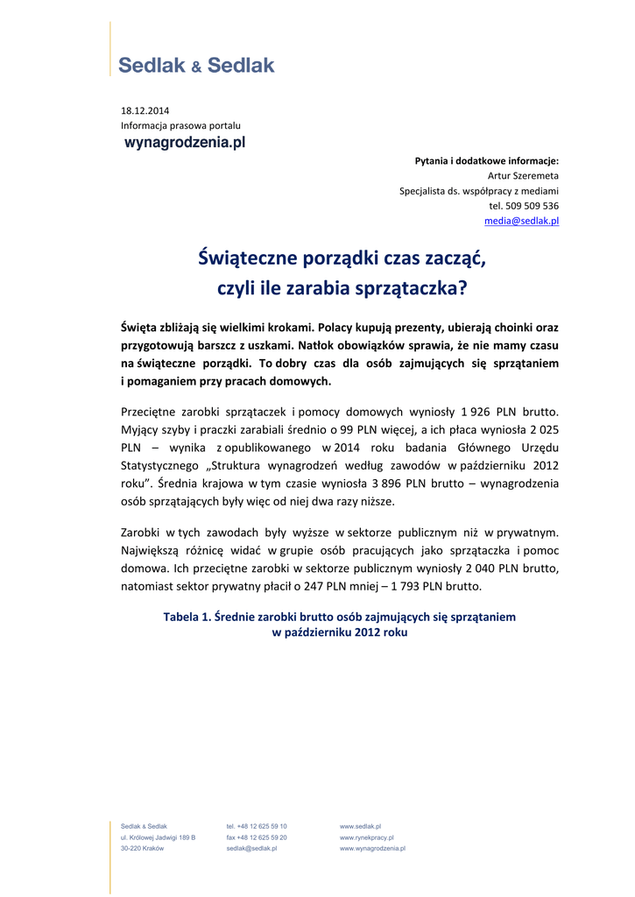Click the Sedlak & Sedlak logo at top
coord(196,65)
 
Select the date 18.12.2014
coord(145,110)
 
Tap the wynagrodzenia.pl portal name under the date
coord(184,142)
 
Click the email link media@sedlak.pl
coord(522,221)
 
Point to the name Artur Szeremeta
coord(523,175)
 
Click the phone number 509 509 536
coord(533,206)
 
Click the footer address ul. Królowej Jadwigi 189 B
coord(158,837)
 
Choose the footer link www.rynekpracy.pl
coord(366,837)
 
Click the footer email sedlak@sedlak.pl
coord(251,849)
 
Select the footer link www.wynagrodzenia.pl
coord(372,849)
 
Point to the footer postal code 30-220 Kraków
coord(142,849)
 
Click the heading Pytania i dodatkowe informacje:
coord(486,160)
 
